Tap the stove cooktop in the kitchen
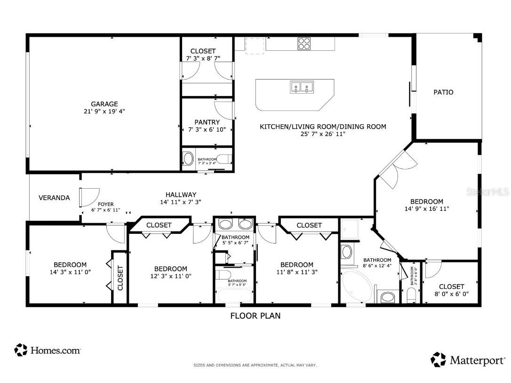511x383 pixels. pyautogui.click(x=304, y=43)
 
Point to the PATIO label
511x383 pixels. pyautogui.click(x=443, y=92)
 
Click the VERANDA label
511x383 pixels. pyautogui.click(x=54, y=198)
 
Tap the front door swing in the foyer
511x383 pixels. pyautogui.click(x=89, y=196)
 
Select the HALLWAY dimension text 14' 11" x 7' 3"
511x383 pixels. pyautogui.click(x=181, y=202)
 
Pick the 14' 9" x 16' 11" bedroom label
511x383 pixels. pyautogui.click(x=426, y=205)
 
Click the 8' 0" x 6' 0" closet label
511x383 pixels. pyautogui.click(x=451, y=290)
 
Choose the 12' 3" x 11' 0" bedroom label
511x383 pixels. pyautogui.click(x=170, y=272)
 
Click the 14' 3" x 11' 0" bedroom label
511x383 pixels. pyautogui.click(x=70, y=268)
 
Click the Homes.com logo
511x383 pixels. pyautogui.click(x=48, y=350)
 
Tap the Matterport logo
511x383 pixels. pyautogui.click(x=468, y=360)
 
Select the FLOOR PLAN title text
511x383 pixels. pyautogui.click(x=255, y=316)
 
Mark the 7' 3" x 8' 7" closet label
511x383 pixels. pyautogui.click(x=203, y=55)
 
